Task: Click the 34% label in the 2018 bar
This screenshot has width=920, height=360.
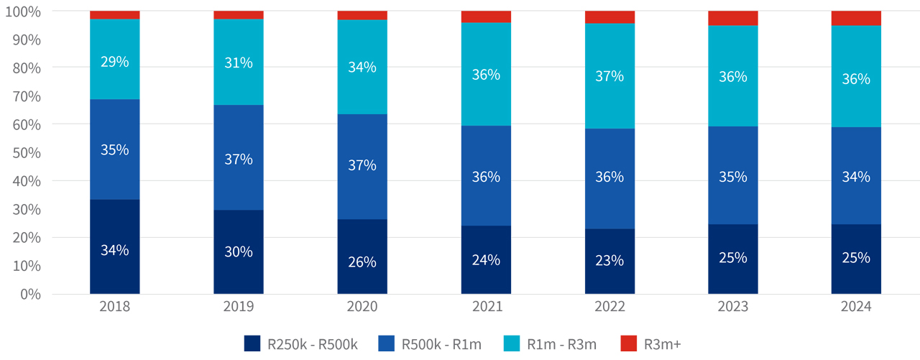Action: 115,250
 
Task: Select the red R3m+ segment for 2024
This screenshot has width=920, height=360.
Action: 856,18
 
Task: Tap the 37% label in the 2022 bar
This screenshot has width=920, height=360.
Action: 609,76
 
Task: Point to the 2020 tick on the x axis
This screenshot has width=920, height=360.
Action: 362,307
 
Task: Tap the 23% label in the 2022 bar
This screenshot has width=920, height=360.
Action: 609,261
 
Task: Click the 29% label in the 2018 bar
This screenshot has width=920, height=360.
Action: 115,62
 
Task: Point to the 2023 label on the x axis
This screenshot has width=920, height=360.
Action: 732,307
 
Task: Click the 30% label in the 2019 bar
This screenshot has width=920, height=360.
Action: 239,251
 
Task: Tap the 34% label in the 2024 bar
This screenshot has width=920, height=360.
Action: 856,177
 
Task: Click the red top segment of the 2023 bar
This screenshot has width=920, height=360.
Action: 732,18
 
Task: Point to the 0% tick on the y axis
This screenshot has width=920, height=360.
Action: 30,294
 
